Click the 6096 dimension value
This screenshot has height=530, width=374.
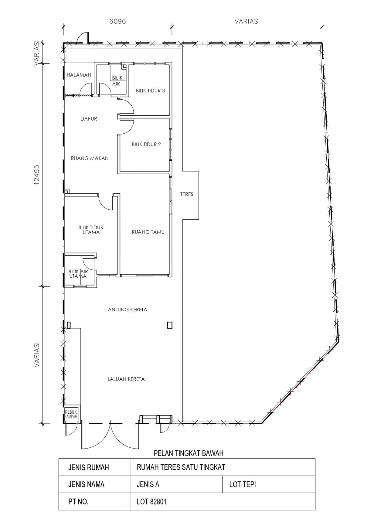point(117,21)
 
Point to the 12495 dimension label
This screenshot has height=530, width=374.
point(37,175)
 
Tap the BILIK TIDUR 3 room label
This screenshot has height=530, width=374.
point(150,91)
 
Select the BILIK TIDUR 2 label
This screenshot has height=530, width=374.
point(146,144)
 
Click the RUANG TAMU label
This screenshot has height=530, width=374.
point(148,232)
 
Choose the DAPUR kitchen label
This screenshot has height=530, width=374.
point(89,119)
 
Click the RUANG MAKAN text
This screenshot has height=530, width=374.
point(90,158)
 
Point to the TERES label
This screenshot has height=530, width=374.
point(187,194)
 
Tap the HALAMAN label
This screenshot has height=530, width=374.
point(79,75)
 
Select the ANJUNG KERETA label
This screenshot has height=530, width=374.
point(127,309)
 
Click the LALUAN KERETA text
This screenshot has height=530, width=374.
point(126,379)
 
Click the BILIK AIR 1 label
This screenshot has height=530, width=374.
point(118,81)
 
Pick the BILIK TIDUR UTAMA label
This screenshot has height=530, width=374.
point(91,230)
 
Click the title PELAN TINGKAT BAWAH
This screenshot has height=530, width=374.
point(188,453)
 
